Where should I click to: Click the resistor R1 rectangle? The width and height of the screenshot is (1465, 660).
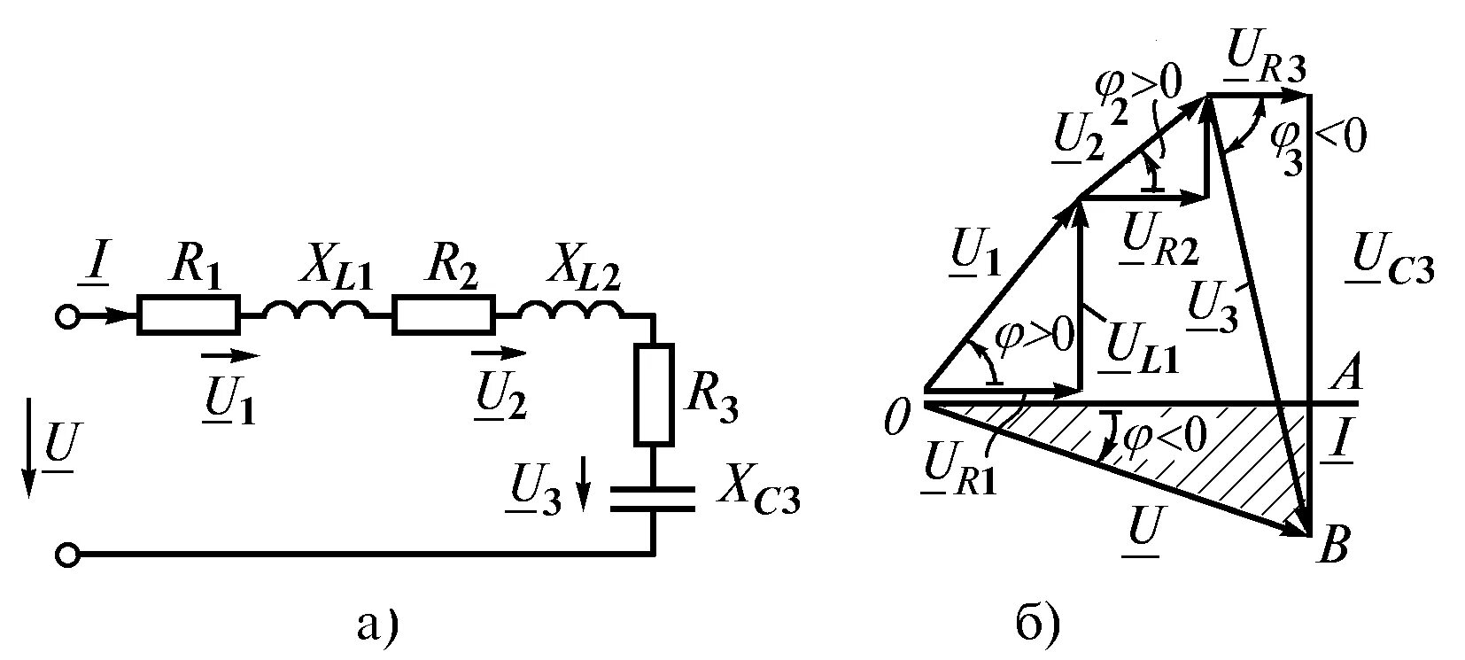188,315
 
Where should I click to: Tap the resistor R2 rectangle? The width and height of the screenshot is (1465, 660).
443,315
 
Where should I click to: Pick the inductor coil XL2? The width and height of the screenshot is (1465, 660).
571,311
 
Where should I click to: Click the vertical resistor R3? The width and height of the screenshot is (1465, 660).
654,393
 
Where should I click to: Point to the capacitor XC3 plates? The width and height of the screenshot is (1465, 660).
654,497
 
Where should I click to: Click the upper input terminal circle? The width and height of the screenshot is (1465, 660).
67,316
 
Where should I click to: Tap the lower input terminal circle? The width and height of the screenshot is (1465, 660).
67,555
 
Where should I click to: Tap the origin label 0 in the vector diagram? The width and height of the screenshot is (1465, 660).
896,415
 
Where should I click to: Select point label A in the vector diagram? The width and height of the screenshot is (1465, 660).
1345,377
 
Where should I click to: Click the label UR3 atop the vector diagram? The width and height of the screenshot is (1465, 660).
1267,66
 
